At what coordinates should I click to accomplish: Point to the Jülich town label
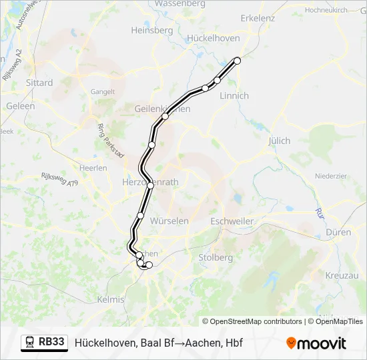280,141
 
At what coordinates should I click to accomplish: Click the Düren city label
339,233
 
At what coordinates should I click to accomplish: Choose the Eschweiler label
231,221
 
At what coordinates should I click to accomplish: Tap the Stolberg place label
216,257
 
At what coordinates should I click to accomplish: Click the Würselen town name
169,221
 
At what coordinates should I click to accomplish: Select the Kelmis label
111,299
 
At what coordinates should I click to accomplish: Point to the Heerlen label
93,168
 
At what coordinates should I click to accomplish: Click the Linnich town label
234,96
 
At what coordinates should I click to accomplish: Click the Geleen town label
20,106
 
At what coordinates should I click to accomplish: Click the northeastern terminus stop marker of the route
237,60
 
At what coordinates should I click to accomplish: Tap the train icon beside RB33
30,343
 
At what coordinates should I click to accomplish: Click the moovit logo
316,343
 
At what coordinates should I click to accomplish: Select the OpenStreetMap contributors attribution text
252,321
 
